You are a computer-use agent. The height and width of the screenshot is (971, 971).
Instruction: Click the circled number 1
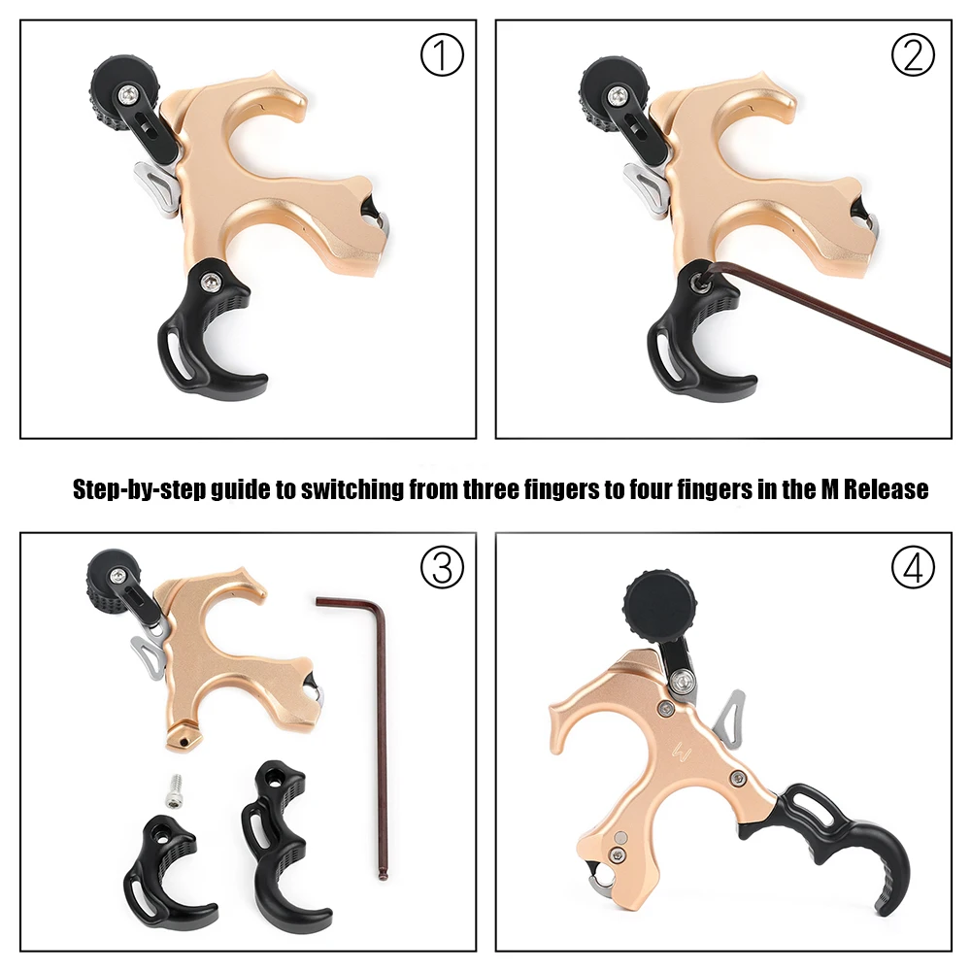442,55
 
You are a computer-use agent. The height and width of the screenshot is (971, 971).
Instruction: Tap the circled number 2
913,55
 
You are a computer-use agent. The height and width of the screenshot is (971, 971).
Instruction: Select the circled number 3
442,567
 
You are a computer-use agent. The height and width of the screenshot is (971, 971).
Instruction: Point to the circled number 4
913,567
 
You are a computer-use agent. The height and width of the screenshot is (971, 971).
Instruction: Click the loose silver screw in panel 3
175,790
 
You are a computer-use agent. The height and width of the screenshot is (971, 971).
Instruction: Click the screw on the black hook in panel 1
211,282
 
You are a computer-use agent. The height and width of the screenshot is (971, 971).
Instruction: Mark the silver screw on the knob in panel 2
618,96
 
